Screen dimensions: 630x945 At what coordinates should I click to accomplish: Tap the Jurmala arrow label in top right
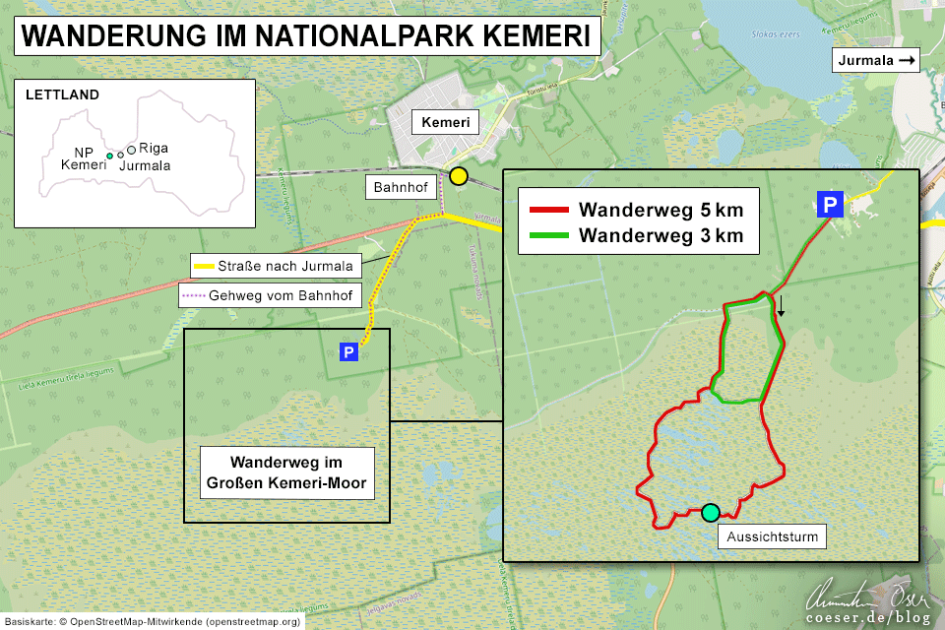coord(876,61)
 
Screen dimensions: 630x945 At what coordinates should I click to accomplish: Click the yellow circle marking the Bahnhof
coord(458,176)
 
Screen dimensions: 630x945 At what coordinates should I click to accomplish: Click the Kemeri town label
coord(444,123)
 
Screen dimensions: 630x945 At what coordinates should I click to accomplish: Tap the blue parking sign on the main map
coord(347,351)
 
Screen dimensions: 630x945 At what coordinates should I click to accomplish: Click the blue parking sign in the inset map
coord(830,205)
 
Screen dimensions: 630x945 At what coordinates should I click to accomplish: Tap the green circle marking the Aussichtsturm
coord(711,512)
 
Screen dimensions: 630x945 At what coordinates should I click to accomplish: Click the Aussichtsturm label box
coord(773,537)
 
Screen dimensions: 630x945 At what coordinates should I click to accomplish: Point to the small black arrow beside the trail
coord(781,305)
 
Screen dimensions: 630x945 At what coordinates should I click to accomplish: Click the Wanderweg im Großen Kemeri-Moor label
coord(287,472)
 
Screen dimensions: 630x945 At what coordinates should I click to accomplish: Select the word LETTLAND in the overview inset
coord(62,95)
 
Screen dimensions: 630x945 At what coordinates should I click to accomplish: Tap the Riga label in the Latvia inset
coord(153,148)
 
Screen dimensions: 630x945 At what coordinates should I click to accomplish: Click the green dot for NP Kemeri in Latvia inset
coord(109,156)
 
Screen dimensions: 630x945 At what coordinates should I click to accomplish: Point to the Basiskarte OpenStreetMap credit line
coord(153,622)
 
